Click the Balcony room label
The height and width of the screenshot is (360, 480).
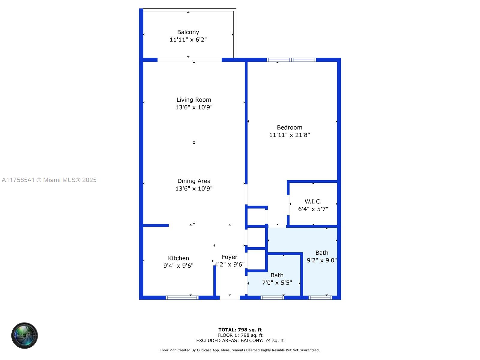[x=188, y=32]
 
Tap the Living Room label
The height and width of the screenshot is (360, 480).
[x=194, y=100]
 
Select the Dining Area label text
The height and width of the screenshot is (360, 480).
[x=194, y=181]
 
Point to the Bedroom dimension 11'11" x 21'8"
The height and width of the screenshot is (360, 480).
[x=289, y=135]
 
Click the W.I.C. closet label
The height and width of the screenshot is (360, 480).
[x=313, y=202]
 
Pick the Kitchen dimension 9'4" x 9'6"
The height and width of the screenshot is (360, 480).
[x=178, y=265]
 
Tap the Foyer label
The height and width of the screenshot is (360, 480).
[x=229, y=257]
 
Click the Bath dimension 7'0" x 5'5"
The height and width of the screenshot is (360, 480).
[x=277, y=283]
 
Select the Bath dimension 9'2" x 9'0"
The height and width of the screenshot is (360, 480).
[x=322, y=260]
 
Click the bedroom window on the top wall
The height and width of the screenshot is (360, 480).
[x=291, y=60]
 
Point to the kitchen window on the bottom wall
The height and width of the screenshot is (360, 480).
[x=182, y=298]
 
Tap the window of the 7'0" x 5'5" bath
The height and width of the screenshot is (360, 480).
[x=272, y=298]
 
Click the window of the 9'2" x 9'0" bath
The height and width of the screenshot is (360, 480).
[x=320, y=298]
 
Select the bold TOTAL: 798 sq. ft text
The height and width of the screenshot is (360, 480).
[x=240, y=330]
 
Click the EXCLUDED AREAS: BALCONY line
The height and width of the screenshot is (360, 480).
[x=240, y=340]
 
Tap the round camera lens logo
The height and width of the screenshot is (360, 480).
[x=25, y=335]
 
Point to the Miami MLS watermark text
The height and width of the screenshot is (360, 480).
[x=49, y=180]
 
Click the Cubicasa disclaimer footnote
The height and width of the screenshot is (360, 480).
[x=240, y=350]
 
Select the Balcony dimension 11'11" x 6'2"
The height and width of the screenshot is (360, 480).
[x=188, y=40]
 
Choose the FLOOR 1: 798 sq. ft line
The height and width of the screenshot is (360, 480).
[x=240, y=335]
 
